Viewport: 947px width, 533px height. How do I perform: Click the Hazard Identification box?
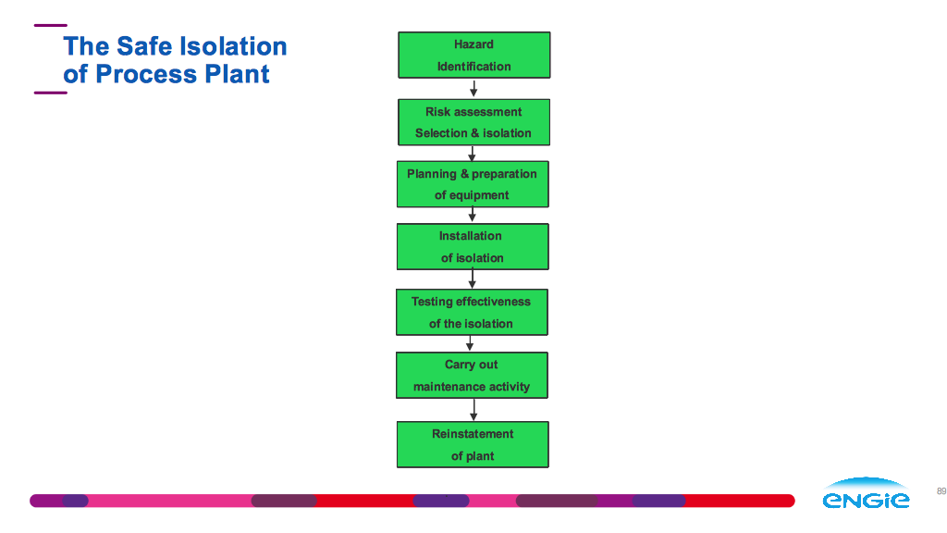click(x=474, y=55)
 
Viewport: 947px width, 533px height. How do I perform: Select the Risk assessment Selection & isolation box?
click(x=473, y=122)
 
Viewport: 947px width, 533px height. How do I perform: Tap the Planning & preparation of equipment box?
click(x=473, y=184)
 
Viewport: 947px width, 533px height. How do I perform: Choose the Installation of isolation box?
click(x=473, y=246)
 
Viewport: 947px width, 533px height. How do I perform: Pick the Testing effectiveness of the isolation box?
click(x=472, y=312)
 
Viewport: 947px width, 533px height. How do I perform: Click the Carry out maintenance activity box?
click(x=472, y=376)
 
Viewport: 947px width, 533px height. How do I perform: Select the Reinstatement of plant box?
click(x=473, y=445)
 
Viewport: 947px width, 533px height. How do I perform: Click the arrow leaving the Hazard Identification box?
click(x=473, y=88)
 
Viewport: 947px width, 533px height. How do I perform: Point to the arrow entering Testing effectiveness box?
click(x=473, y=279)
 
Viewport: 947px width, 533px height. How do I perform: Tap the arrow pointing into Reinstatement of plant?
click(x=473, y=410)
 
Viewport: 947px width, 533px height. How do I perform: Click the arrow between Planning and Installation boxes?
click(x=473, y=215)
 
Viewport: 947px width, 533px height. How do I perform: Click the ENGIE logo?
click(x=866, y=492)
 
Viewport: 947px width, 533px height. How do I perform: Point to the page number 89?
click(x=941, y=491)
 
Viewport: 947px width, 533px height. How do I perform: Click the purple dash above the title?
click(x=51, y=25)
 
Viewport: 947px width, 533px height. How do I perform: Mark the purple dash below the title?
click(x=51, y=93)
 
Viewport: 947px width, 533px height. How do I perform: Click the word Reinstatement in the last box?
click(x=473, y=434)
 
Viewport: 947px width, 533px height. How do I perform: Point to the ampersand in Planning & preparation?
click(x=464, y=174)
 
